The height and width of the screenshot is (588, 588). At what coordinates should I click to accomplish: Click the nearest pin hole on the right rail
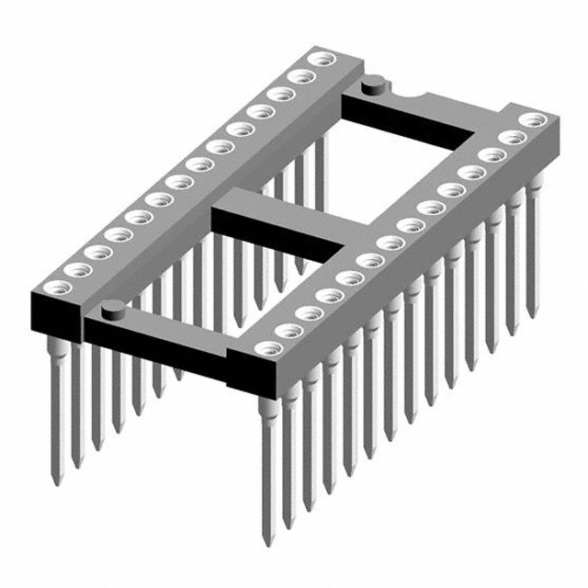tap(267, 349)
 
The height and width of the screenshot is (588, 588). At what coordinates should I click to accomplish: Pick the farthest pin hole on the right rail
tap(531, 119)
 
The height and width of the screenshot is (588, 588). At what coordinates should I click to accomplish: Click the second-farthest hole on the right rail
tap(511, 137)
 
